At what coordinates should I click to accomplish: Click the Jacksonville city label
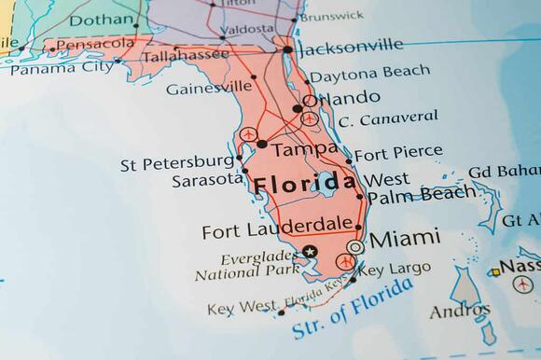click(x=351, y=45)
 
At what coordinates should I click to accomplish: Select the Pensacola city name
click(x=95, y=44)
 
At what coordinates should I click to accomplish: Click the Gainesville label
click(x=210, y=88)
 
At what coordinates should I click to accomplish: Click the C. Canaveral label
click(x=388, y=118)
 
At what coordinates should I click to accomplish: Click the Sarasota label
click(x=206, y=180)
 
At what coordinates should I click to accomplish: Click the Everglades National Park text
click(x=247, y=266)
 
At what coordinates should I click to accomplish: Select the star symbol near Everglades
click(x=311, y=251)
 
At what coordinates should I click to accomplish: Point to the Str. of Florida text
click(x=353, y=311)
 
